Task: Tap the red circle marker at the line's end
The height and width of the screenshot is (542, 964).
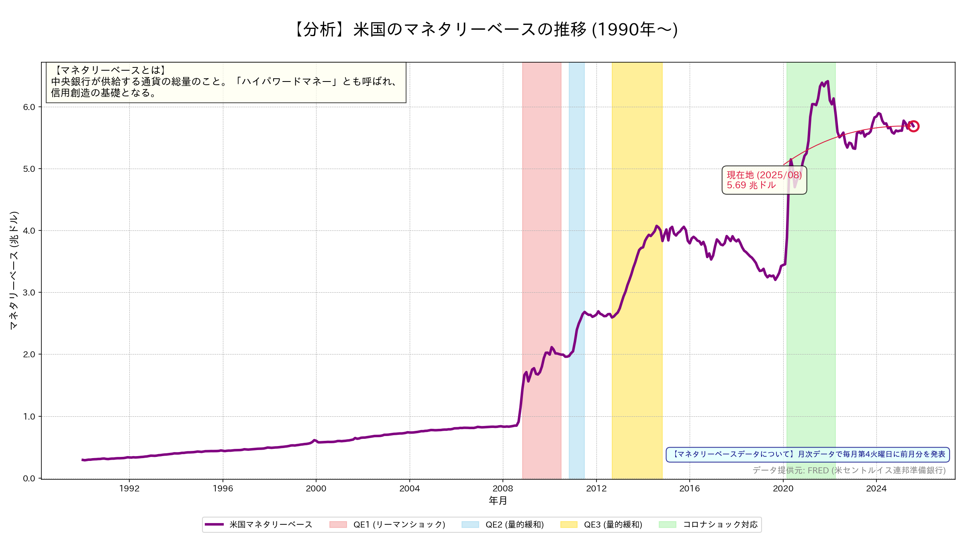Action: pos(913,126)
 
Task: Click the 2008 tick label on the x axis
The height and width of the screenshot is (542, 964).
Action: pos(503,489)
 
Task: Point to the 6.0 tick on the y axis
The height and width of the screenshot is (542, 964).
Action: pos(29,107)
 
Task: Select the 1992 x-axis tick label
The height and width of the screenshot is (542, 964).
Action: pos(129,489)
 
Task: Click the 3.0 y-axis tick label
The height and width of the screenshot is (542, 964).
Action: pos(29,293)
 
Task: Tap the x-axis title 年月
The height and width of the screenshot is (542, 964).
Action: pos(498,501)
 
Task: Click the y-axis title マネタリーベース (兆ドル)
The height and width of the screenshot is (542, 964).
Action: pos(14,270)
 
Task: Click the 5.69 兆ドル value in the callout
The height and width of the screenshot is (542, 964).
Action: pos(751,185)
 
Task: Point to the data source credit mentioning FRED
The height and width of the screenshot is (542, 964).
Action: pos(849,470)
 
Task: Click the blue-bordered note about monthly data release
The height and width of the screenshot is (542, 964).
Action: pos(808,454)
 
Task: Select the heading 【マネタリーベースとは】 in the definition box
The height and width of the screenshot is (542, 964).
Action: pos(109,70)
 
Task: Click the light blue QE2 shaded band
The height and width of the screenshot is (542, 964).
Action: pos(576,241)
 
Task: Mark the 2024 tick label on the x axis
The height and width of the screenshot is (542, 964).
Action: pos(876,489)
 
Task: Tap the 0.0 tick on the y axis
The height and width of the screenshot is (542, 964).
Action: pos(29,479)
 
